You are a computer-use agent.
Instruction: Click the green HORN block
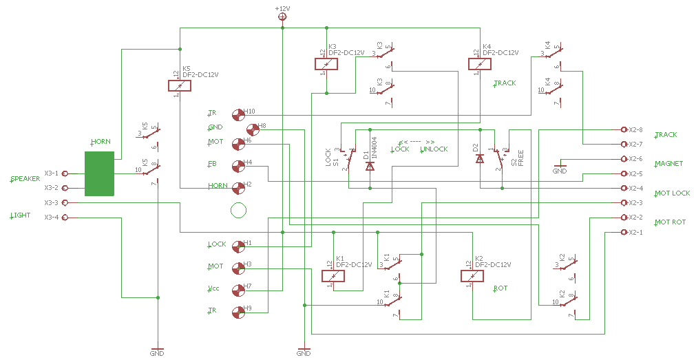pos(101,174)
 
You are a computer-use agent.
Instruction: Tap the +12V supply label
pos(282,8)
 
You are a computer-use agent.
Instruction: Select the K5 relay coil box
pos(180,86)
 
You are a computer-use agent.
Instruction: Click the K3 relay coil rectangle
pos(326,64)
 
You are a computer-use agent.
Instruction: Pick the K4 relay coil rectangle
pos(480,64)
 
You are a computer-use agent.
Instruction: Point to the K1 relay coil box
pos(333,277)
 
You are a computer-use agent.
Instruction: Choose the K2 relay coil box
pos(472,277)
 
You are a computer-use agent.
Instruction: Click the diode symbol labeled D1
pos(370,165)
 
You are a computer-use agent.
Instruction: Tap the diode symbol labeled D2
pos(480,158)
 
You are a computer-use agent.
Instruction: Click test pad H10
pos(238,114)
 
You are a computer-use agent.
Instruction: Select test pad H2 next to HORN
pos(238,187)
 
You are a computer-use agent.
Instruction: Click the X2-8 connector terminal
pos(624,129)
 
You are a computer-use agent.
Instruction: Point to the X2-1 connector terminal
pos(624,232)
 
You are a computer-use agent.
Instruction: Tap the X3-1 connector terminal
pos(65,173)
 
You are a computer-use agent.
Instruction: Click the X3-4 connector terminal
pos(65,218)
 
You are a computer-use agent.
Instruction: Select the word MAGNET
pos(669,164)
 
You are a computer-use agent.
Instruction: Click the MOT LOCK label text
pos(673,193)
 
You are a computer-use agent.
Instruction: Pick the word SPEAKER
pos(26,179)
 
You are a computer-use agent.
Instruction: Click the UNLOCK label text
pos(434,149)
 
